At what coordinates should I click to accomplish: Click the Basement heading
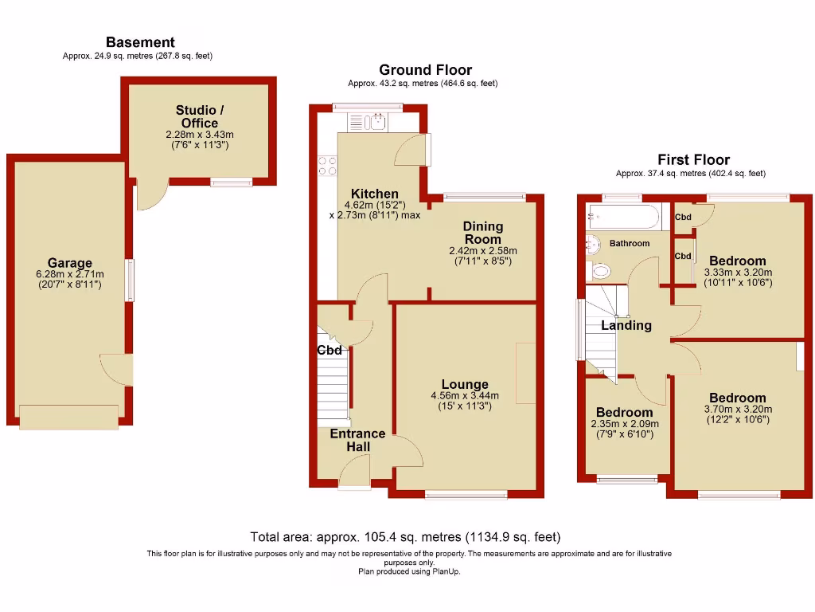pos(140,42)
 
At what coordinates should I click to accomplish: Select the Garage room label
pos(70,263)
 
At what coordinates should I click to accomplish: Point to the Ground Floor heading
pos(425,70)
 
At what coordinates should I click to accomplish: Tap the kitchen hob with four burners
pos(327,165)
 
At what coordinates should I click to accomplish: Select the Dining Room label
pos(482,233)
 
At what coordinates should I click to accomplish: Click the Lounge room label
pos(465,384)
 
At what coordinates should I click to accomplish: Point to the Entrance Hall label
pos(357,440)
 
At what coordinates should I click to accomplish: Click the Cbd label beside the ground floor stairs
pos(330,351)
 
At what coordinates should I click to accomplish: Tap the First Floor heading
pos(693,159)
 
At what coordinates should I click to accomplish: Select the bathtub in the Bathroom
pos(622,216)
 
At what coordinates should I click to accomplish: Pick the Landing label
pos(626,325)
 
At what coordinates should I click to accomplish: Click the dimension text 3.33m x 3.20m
pos(738,272)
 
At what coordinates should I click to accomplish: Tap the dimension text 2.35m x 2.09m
pos(625,424)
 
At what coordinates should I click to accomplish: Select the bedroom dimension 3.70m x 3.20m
pos(738,409)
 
